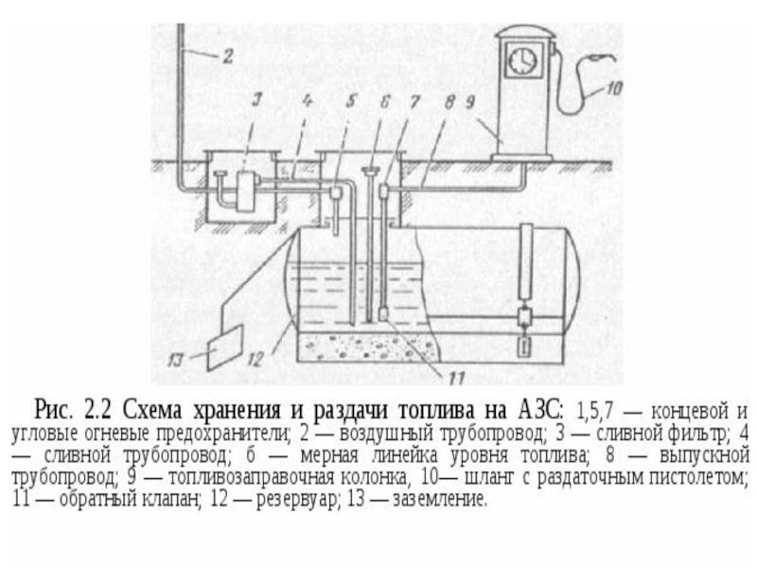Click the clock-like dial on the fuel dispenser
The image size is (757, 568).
(522, 61)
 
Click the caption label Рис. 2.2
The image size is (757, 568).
(74, 411)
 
